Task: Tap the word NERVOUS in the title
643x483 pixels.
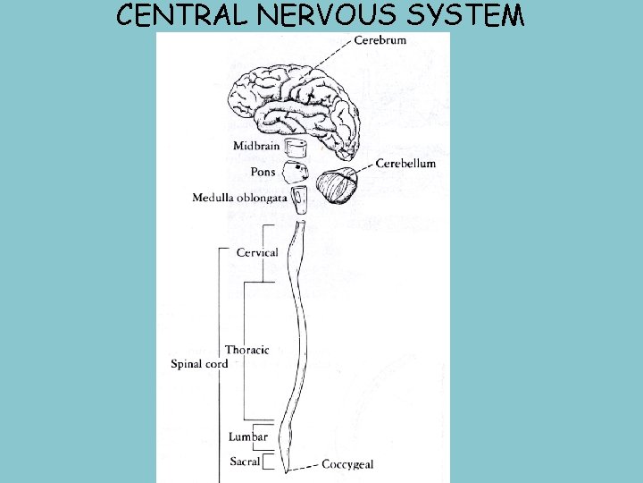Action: point(327,16)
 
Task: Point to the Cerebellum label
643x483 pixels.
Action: point(405,164)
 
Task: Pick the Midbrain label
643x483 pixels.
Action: point(256,146)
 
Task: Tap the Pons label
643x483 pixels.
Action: point(263,171)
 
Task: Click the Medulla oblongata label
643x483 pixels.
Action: point(239,197)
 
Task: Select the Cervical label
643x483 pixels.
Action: point(257,253)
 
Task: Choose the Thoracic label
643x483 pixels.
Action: point(246,350)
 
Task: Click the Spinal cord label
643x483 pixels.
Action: point(199,364)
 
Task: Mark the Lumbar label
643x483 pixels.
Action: point(247,436)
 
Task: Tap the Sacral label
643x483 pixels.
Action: point(245,462)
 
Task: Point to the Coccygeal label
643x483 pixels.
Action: point(347,464)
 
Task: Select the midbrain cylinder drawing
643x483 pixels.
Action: point(296,148)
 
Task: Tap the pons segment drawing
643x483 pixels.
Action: point(295,173)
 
